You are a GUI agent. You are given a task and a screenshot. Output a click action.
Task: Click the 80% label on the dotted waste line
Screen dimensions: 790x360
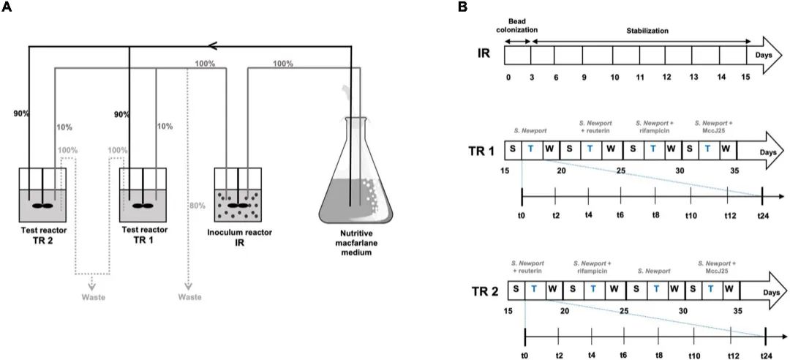(x=196, y=205)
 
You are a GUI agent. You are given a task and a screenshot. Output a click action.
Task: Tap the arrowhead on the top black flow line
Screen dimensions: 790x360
(x=214, y=46)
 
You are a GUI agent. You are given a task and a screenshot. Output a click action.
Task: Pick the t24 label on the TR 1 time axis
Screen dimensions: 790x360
(x=761, y=216)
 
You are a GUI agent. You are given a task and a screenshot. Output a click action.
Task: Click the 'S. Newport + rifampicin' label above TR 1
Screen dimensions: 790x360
(x=653, y=127)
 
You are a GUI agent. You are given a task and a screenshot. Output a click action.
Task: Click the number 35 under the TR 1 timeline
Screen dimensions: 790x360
(x=734, y=171)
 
